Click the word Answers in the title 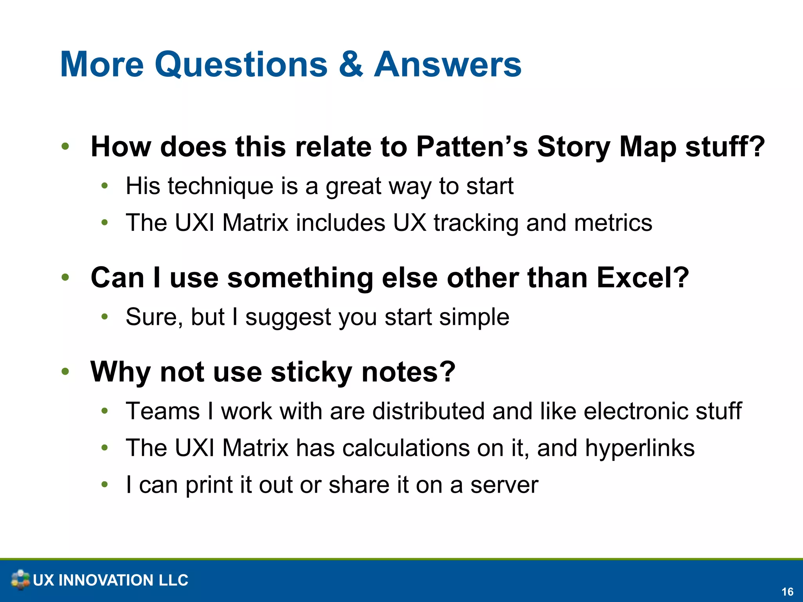(447, 65)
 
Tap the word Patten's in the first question (472, 147)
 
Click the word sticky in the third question (311, 372)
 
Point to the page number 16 (787, 592)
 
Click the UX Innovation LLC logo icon (20, 580)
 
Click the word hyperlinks (639, 448)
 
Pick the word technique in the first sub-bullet (220, 187)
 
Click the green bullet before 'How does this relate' (65, 147)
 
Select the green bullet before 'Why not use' (65, 371)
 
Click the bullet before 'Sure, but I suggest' (104, 317)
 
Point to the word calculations (406, 448)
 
